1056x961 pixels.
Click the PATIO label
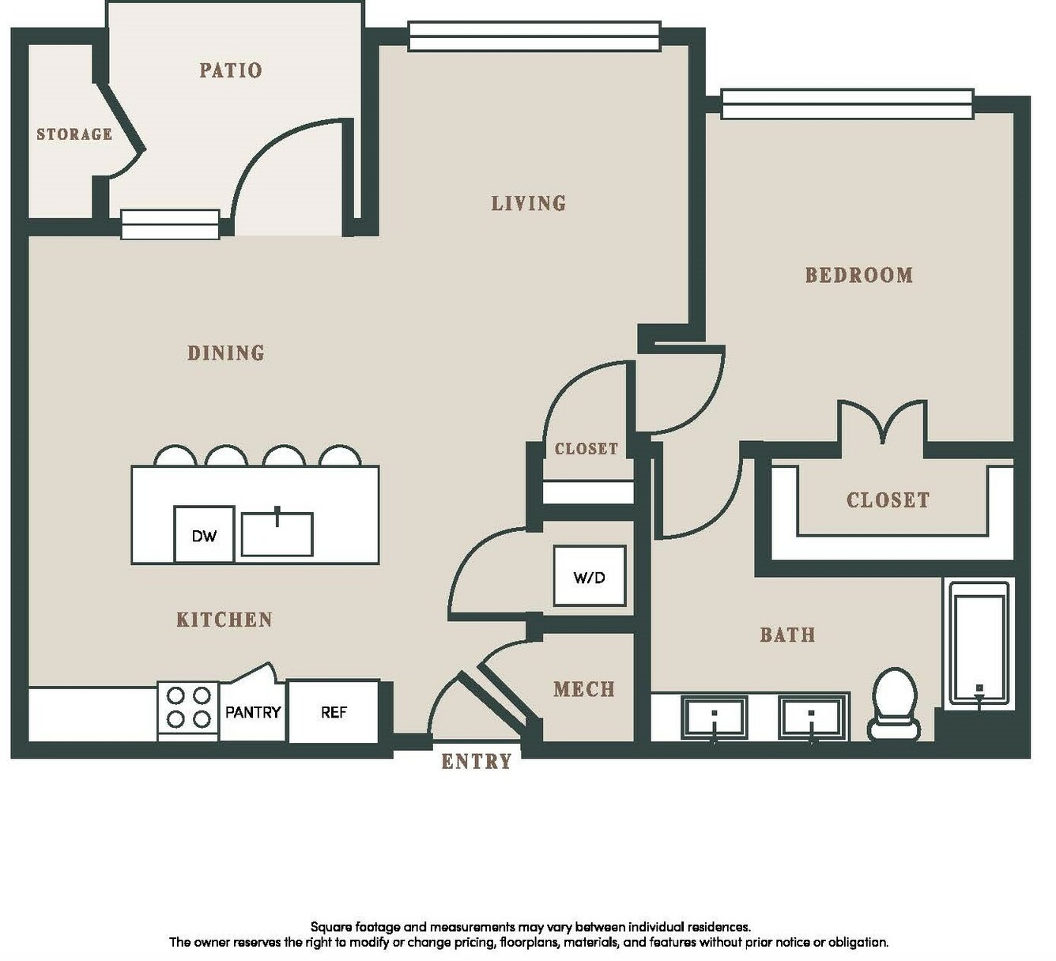click(231, 70)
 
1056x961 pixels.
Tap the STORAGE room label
click(75, 134)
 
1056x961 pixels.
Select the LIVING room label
click(529, 203)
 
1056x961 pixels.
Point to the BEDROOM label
click(859, 275)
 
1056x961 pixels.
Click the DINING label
click(226, 352)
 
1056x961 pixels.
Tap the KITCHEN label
click(224, 620)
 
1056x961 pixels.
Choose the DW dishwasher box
click(204, 534)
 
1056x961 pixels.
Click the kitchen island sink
click(277, 534)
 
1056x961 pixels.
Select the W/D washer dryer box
click(590, 575)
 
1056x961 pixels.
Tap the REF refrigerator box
click(334, 713)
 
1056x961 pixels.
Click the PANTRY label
click(253, 713)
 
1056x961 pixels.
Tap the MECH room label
click(584, 689)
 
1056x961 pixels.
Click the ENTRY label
click(477, 761)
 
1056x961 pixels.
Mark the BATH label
click(788, 635)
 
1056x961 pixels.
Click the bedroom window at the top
click(847, 104)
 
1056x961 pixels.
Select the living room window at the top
click(534, 36)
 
